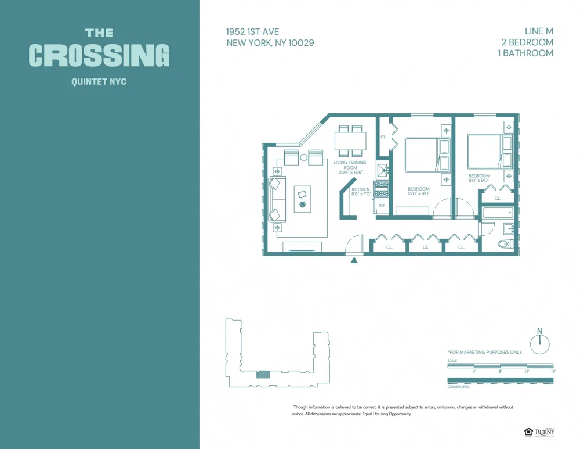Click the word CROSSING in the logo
click(x=99, y=55)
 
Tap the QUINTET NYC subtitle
click(x=99, y=82)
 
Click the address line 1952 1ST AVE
click(x=253, y=32)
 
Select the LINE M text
click(x=534, y=31)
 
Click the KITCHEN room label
click(x=360, y=189)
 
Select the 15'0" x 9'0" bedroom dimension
click(x=418, y=194)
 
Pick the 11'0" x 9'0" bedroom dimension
click(x=479, y=181)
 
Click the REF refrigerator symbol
click(x=382, y=206)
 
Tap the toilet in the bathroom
click(x=506, y=245)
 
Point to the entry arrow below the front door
click(x=354, y=261)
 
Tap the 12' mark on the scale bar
click(x=527, y=371)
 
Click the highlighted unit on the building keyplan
click(x=263, y=375)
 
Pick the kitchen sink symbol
click(x=382, y=170)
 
